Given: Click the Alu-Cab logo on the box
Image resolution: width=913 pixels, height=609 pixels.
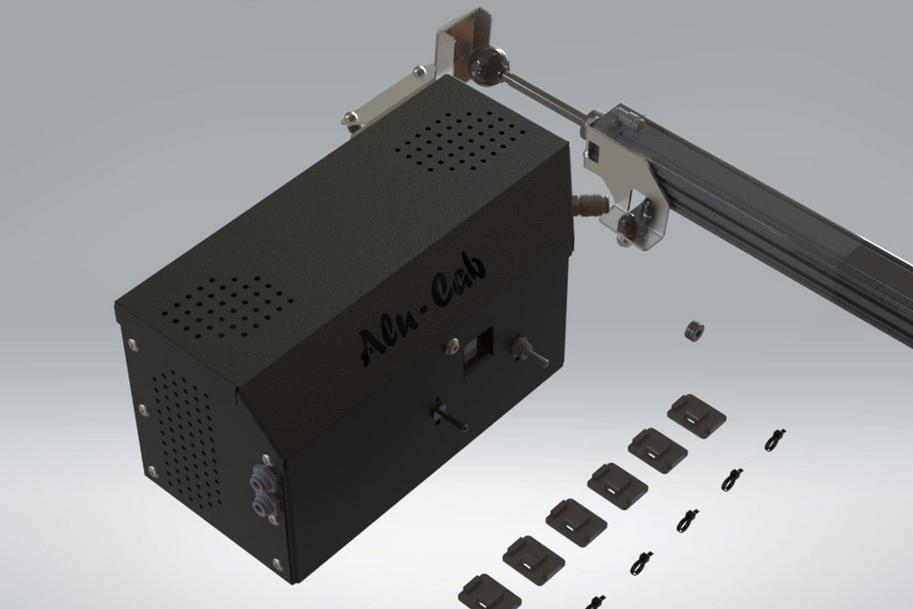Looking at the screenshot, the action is click(422, 315).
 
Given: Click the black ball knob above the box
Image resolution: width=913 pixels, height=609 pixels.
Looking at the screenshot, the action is click(488, 63).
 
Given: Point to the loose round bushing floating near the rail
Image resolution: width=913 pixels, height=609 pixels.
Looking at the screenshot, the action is click(695, 332).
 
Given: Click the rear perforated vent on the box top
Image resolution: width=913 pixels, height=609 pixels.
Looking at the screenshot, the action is click(461, 140).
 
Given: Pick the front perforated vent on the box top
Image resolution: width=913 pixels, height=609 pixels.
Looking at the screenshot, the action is click(227, 309).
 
